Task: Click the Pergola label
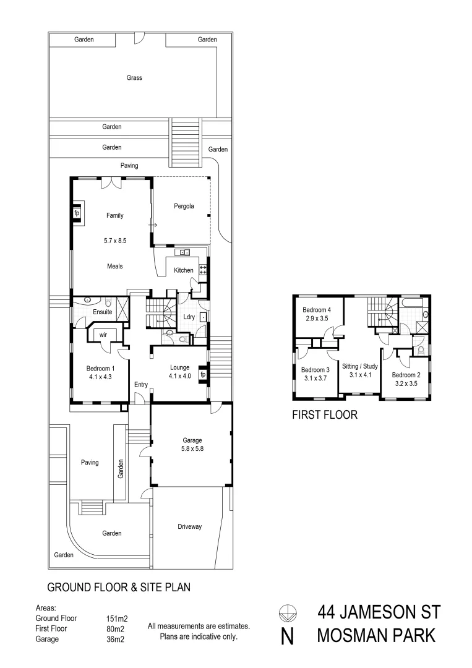[184, 207]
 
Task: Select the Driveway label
[189, 527]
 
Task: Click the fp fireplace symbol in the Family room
[77, 213]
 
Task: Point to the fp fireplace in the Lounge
[202, 375]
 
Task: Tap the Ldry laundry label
[189, 317]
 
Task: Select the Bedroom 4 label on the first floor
[316, 310]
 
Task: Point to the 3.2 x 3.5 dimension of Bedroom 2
[407, 383]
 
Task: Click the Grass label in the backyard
[134, 78]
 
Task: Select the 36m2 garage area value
[115, 640]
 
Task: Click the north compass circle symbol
[286, 613]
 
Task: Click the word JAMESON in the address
[378, 612]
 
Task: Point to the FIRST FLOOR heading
[324, 415]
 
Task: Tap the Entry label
[141, 385]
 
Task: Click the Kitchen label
[183, 270]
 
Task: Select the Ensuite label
[102, 312]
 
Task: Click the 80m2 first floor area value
[115, 628]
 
